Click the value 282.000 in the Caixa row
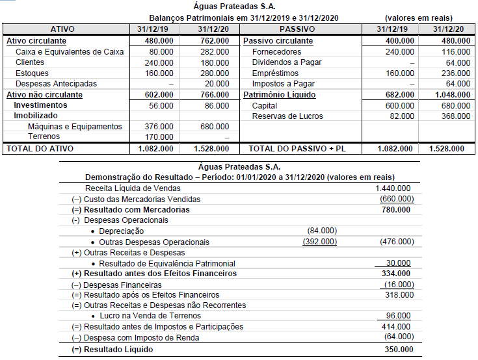[214, 51]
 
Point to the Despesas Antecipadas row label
[56, 84]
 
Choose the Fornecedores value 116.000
[449, 51]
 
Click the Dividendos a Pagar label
[287, 62]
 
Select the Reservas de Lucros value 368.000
[449, 116]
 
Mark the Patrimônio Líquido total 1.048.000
[447, 95]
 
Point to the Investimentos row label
[40, 105]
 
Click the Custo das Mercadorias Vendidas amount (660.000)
[396, 199]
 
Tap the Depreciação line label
[121, 231]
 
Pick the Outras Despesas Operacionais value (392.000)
[320, 242]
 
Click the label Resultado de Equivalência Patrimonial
[167, 263]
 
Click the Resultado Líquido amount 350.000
[397, 349]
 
